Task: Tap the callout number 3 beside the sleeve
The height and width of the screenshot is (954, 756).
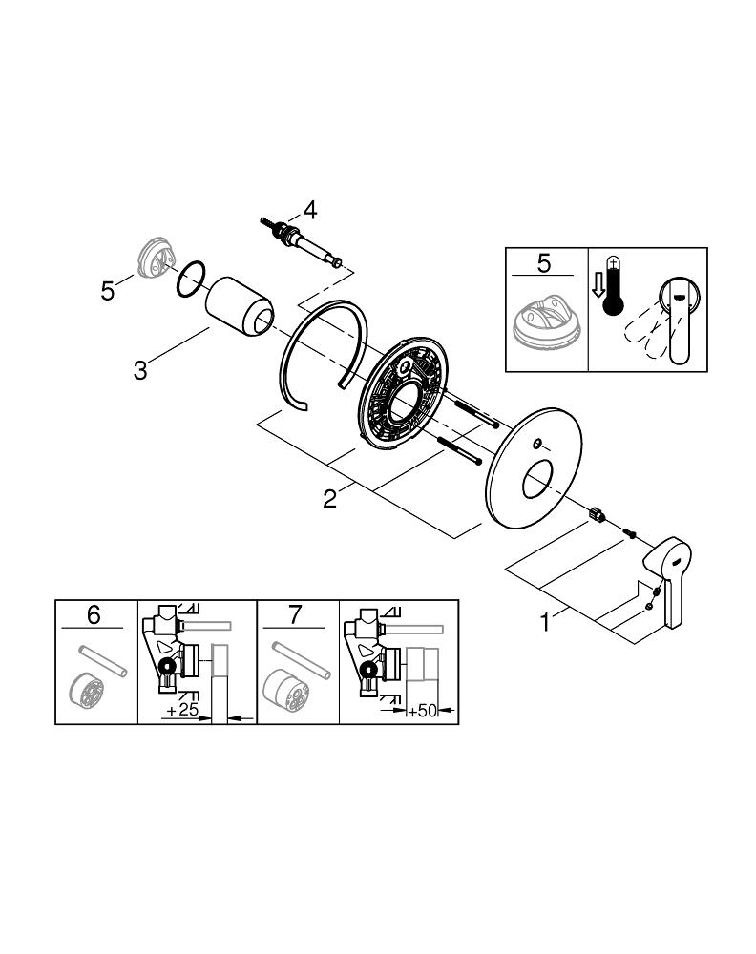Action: coord(140,369)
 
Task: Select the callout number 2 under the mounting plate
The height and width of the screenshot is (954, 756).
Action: coord(329,498)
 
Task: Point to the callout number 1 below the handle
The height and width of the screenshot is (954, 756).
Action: coord(545,622)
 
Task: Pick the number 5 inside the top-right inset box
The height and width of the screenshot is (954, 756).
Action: coord(544,262)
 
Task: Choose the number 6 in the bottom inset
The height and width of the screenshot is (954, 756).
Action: coord(94,615)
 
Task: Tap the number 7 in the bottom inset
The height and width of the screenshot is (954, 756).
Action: coord(295,615)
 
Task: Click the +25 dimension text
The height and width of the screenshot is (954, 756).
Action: coord(180,712)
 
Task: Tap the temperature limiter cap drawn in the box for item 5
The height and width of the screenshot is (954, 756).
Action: coord(543,329)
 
